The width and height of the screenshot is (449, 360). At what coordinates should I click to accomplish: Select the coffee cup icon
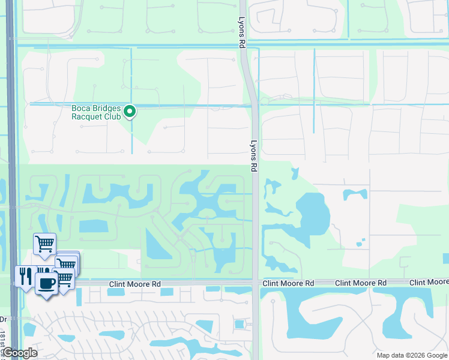(46, 283)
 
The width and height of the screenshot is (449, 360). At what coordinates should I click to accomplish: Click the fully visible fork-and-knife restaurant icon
(25, 276)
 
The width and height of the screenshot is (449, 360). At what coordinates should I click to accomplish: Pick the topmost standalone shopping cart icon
(44, 244)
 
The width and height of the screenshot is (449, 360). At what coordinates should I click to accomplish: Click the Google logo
(19, 353)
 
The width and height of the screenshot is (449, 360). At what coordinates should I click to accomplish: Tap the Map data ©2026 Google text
(411, 355)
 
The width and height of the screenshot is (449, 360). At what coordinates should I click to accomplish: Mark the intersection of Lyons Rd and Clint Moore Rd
(256, 283)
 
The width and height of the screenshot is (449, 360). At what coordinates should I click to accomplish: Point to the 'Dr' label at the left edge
(3, 320)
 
